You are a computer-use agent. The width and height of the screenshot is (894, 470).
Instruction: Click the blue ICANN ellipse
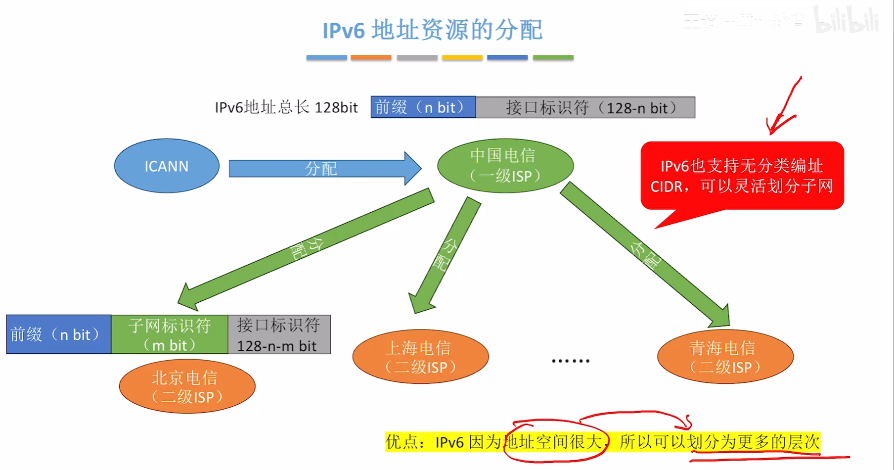167,166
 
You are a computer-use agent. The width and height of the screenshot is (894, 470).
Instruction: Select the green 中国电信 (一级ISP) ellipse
505,166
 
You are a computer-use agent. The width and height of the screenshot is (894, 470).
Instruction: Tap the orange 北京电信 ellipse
187,387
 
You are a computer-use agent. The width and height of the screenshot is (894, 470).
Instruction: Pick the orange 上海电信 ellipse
420,357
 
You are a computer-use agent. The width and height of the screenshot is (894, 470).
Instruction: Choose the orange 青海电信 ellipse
725,357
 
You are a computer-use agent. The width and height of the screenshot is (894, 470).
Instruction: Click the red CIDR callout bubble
742,176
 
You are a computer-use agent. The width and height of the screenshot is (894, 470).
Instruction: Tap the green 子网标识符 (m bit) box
169,334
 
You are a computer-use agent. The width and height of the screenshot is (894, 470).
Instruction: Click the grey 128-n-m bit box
279,334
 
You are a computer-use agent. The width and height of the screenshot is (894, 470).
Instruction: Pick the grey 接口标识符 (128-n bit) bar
585,107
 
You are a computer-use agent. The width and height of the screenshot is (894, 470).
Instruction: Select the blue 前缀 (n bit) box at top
423,107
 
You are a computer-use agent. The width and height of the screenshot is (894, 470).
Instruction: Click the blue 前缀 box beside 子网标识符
58,334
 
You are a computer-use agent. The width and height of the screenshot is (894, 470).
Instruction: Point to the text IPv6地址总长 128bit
286,107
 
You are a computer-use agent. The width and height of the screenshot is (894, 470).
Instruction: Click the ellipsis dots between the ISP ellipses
570,361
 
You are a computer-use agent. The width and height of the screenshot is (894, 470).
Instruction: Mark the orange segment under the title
371,58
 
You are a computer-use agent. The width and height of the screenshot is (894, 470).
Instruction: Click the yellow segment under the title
462,58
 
